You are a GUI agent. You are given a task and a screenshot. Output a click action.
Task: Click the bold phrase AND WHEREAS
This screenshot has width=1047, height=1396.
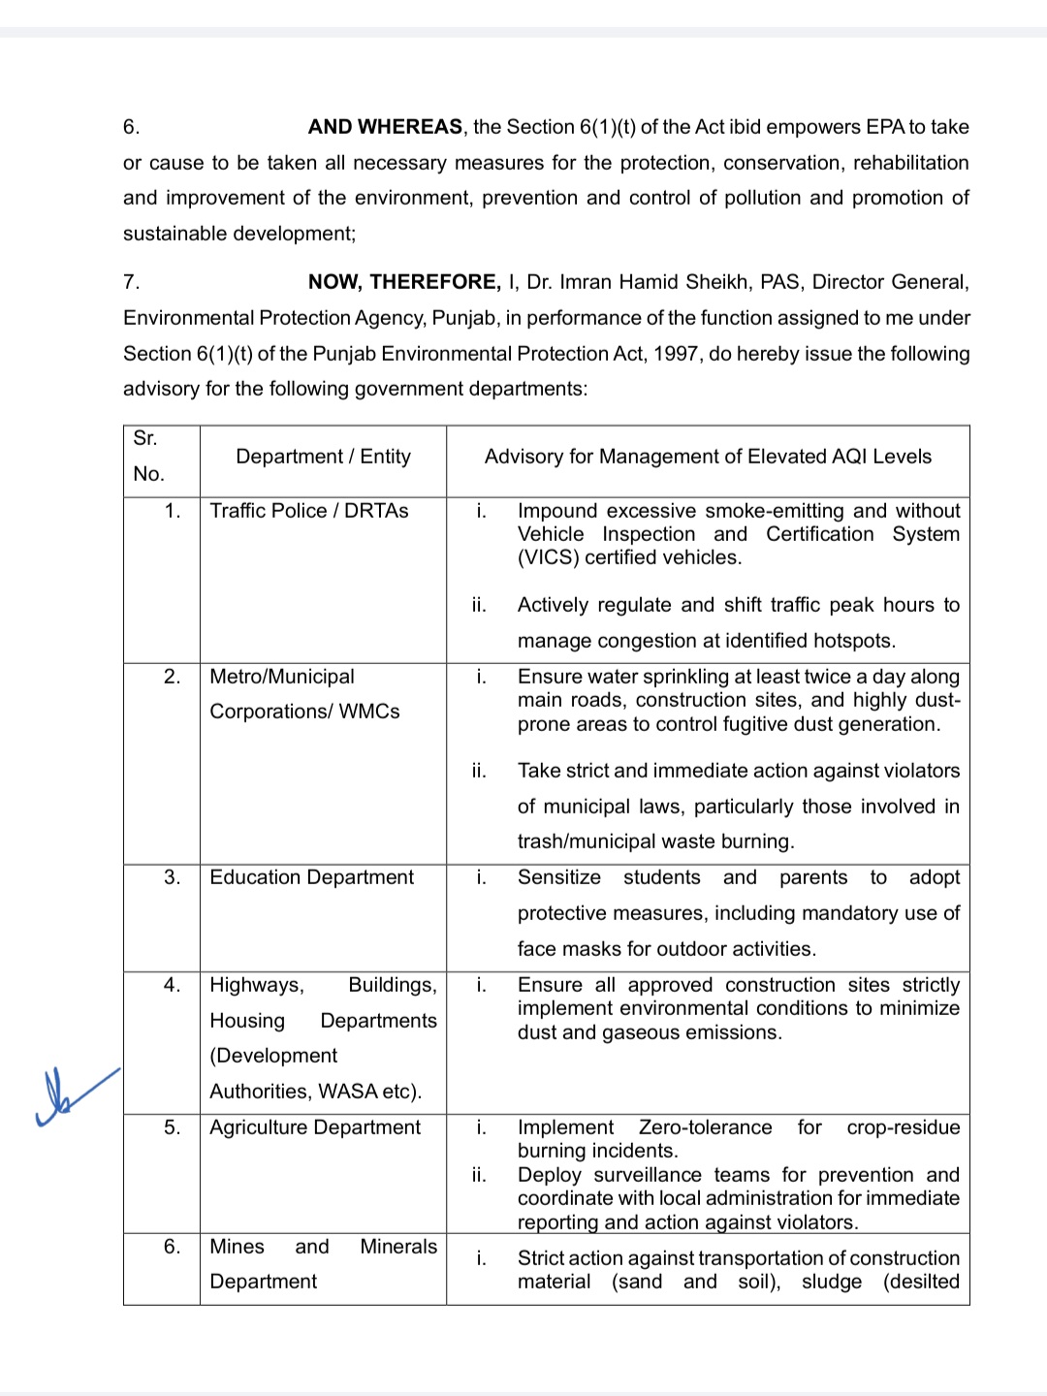385,127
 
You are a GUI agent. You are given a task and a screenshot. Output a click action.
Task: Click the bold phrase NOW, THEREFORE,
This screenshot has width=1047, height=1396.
404,282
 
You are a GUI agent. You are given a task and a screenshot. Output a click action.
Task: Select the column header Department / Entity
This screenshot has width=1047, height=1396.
323,457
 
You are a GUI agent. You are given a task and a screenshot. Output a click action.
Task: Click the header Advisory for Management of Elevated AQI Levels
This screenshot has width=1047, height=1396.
708,457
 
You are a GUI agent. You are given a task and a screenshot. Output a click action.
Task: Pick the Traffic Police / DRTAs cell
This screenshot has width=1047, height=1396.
309,511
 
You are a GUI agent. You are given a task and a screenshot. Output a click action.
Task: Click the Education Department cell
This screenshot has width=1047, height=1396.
311,877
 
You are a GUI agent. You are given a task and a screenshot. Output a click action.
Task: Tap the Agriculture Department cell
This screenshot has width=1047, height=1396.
315,1127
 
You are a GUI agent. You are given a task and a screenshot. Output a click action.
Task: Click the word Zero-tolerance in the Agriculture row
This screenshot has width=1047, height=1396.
705,1127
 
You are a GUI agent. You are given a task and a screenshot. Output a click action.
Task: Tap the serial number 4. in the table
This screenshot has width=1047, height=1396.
172,985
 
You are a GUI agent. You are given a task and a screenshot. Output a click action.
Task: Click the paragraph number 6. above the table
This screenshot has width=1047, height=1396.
131,127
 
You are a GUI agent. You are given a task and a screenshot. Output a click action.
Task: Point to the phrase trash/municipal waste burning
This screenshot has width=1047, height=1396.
655,841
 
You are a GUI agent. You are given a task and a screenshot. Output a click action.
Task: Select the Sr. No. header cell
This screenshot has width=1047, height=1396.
148,457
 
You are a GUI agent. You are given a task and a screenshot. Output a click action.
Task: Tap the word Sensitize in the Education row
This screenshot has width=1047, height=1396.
558,877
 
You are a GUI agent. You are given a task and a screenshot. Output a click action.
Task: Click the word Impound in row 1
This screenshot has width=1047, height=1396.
557,511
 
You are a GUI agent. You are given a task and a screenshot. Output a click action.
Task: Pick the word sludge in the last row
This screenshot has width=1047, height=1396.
831,1282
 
